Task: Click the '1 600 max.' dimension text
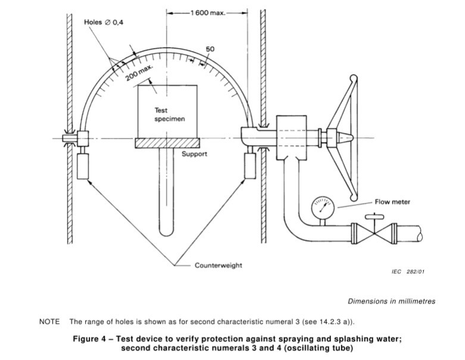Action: (208, 12)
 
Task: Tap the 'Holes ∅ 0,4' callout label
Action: (104, 22)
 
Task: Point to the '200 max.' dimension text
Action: (139, 73)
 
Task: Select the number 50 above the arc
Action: (210, 49)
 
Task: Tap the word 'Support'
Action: (194, 154)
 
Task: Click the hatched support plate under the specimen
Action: (167, 143)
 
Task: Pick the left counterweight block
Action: (83, 166)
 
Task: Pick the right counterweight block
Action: (250, 166)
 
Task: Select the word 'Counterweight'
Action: (219, 265)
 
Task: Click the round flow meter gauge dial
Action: (323, 207)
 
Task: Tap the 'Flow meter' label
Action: (392, 202)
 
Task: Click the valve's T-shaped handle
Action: (375, 217)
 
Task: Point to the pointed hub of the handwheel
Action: (345, 138)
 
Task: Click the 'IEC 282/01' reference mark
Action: (408, 272)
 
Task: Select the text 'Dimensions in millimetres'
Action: (391, 301)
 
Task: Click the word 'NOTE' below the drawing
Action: (49, 321)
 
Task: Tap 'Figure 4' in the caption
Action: (89, 339)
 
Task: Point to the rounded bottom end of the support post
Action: (166, 232)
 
